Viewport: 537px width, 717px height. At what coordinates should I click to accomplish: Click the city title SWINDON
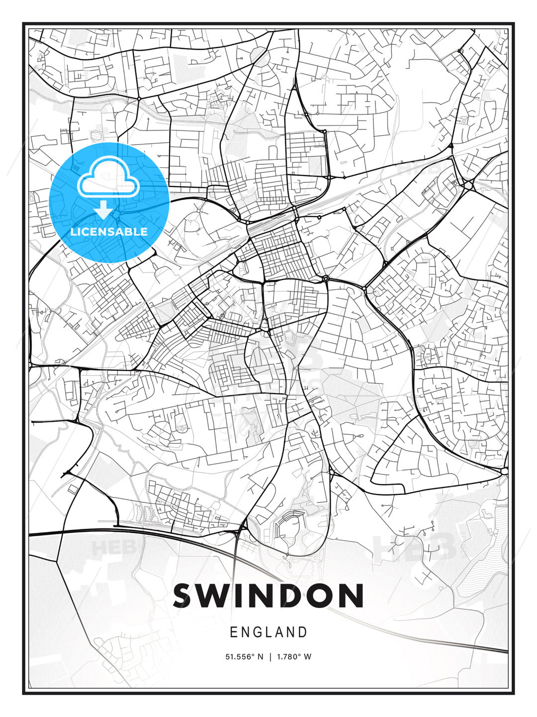268,596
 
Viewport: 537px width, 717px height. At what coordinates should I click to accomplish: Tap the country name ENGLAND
268,632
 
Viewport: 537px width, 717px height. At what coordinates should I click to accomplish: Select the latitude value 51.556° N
244,657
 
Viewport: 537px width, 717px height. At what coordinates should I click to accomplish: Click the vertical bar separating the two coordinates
269,657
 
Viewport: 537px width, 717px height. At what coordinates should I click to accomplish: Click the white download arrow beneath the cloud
103,210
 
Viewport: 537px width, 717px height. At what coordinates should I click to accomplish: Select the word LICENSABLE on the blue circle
109,232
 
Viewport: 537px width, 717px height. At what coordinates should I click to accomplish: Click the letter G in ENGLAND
257,632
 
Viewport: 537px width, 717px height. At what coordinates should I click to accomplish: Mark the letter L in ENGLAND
269,632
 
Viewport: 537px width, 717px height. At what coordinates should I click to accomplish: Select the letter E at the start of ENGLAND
233,632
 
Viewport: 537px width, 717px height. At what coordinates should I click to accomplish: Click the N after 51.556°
260,657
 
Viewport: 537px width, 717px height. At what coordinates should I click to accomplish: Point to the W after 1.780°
308,657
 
